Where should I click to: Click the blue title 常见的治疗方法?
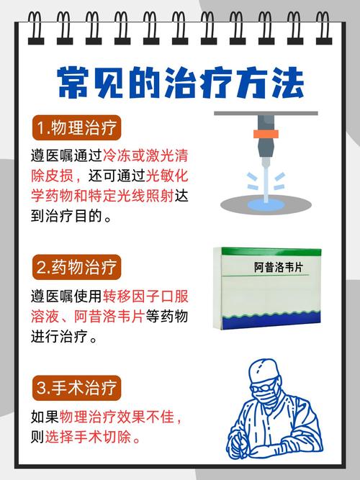(x=181, y=83)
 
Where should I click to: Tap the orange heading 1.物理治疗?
(x=77, y=127)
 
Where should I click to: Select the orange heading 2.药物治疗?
(x=77, y=267)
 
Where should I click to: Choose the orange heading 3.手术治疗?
(x=77, y=388)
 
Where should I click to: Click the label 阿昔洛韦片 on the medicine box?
(x=278, y=267)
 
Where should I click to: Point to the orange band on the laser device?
(x=266, y=134)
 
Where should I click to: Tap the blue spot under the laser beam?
(x=266, y=205)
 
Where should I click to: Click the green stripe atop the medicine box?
(x=271, y=252)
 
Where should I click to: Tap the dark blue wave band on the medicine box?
(x=271, y=321)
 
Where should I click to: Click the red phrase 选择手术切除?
(x=89, y=437)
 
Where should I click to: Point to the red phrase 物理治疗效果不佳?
(x=117, y=417)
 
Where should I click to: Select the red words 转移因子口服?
(x=145, y=296)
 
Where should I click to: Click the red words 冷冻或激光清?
(x=145, y=155)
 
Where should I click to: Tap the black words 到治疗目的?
(x=66, y=216)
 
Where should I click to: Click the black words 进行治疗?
(x=60, y=336)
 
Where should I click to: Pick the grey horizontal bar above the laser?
(x=266, y=113)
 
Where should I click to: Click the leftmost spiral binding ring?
(x=36, y=28)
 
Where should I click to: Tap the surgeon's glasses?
(x=263, y=387)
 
